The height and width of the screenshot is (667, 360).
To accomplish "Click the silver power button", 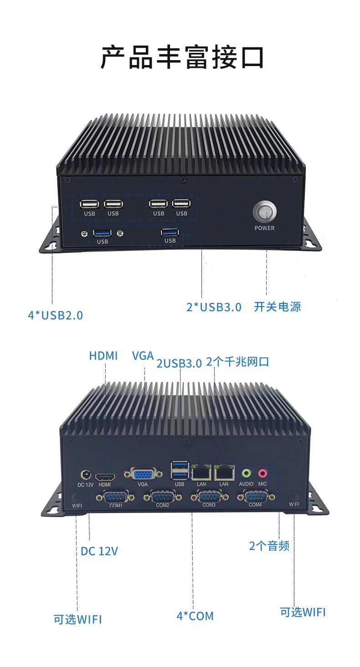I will [x=265, y=211].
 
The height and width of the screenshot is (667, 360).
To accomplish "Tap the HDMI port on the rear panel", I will [x=105, y=477].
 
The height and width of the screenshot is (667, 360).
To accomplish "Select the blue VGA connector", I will [x=143, y=474].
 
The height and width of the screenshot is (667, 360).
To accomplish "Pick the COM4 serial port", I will [x=255, y=496].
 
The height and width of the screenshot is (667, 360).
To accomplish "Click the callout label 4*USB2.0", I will [x=56, y=315].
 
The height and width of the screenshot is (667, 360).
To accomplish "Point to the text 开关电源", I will [x=278, y=307].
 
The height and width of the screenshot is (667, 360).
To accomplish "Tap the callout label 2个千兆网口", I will [x=237, y=362].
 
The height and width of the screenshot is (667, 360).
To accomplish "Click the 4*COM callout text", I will [x=195, y=616].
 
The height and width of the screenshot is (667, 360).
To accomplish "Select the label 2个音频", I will [x=269, y=545].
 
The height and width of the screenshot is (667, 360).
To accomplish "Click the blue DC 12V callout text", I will [x=99, y=551].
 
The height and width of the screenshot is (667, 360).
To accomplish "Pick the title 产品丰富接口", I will [x=182, y=57].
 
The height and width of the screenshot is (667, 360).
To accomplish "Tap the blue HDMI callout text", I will [x=103, y=355].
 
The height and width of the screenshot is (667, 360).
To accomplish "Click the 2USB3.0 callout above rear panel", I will [x=179, y=363].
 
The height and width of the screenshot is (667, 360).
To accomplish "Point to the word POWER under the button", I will [x=264, y=228].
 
